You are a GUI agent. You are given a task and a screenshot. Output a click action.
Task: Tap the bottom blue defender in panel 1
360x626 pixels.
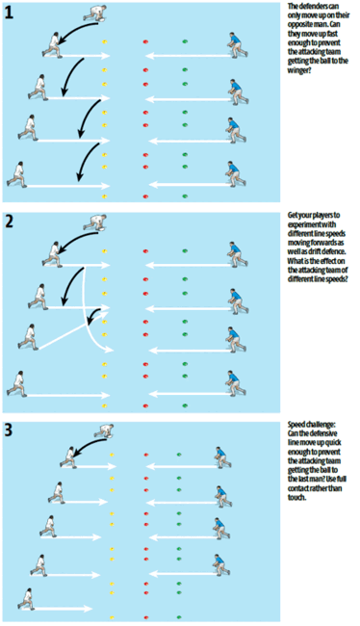[229, 173]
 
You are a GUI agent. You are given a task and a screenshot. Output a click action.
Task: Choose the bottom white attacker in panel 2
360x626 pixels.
[17, 384]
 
